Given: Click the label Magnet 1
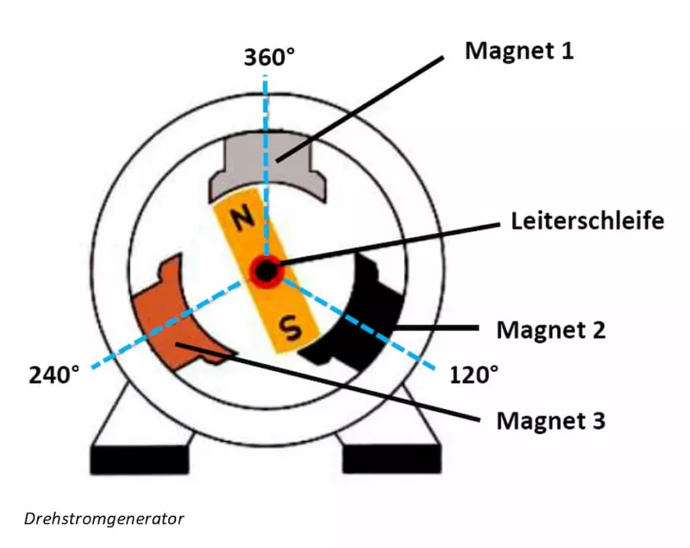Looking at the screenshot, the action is click(519, 51).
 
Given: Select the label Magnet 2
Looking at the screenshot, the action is click(551, 330).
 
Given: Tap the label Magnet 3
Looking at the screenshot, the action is click(551, 420).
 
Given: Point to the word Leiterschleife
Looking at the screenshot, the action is click(587, 221).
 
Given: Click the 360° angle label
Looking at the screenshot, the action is click(269, 57).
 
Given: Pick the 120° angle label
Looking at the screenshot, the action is click(474, 375).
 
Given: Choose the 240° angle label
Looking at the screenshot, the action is click(54, 375).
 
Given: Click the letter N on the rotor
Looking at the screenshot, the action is click(242, 218).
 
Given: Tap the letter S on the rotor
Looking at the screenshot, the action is click(292, 328).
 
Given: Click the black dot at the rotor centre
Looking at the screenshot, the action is click(266, 271).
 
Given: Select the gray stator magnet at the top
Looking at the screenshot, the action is click(267, 165).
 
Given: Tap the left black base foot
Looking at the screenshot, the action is click(140, 460).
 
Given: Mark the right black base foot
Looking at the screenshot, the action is click(392, 460).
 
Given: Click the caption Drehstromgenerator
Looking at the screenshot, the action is click(103, 519).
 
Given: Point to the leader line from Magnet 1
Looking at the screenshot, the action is click(360, 110).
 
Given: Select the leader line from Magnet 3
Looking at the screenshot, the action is click(328, 382).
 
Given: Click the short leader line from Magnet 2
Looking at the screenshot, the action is click(436, 328).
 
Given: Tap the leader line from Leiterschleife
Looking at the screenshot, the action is click(389, 244).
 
